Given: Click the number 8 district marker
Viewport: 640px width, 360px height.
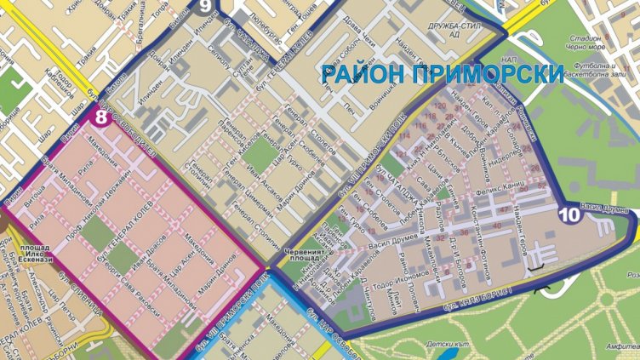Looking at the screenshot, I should [x=100, y=117].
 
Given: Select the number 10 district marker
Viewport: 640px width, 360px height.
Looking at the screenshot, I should [x=570, y=216].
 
